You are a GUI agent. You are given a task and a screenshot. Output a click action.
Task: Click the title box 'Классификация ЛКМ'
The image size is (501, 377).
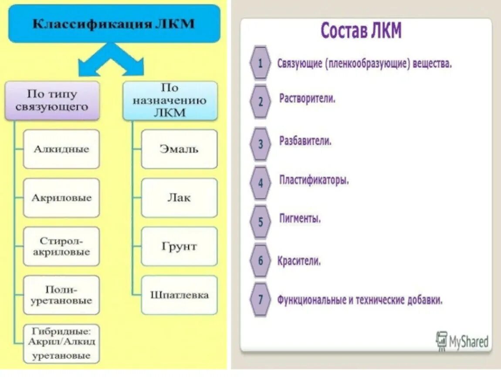(x=114, y=24)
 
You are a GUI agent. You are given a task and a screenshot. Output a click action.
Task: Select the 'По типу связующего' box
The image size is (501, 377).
(x=52, y=100)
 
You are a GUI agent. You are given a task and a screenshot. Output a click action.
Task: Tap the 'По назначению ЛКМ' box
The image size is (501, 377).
(x=170, y=100)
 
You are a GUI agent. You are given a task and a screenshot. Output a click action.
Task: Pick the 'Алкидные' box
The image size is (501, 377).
(x=61, y=149)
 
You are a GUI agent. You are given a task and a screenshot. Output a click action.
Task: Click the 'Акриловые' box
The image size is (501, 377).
(x=61, y=198)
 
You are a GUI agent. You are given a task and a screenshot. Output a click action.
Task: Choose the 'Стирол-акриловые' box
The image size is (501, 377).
(x=61, y=247)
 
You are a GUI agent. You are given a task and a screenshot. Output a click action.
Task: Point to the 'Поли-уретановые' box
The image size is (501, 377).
(x=61, y=295)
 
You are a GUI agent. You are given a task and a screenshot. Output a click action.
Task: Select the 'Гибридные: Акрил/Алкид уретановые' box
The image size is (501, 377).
(x=61, y=343)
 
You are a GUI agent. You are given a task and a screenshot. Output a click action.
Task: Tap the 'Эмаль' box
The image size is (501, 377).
(x=179, y=149)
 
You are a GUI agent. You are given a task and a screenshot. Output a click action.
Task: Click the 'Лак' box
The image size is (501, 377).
(x=179, y=198)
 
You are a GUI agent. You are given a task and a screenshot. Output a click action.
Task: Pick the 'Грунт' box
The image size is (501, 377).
(x=179, y=247)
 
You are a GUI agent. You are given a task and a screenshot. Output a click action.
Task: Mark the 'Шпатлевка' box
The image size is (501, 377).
(x=179, y=295)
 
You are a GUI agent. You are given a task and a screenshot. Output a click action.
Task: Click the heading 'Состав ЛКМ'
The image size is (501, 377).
(x=361, y=31)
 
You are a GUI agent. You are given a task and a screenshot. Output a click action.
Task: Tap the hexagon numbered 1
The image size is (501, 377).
(x=261, y=63)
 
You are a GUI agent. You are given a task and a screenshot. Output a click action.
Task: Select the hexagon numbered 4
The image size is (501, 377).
(x=261, y=182)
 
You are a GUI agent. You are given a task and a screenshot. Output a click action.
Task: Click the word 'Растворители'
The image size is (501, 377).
(x=307, y=99)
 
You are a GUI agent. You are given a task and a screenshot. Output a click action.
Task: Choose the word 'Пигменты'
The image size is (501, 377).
(x=300, y=219)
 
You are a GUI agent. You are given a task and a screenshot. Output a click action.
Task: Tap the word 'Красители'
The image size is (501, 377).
(x=299, y=261)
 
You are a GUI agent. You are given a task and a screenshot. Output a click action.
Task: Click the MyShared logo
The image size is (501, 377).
(x=463, y=340)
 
